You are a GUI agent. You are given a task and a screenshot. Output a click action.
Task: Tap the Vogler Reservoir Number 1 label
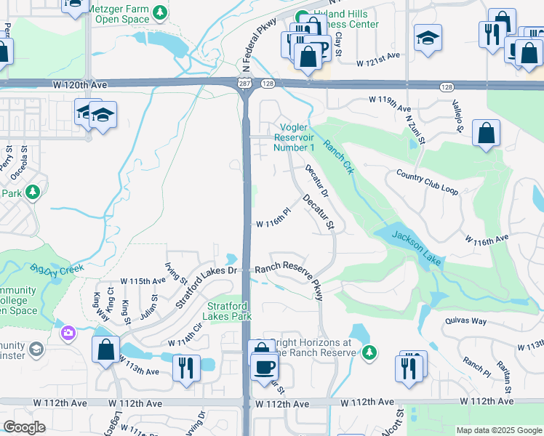[x=294, y=137]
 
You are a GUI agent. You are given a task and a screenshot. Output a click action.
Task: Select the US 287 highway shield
[x=244, y=85]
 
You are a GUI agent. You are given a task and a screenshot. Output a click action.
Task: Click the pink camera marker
[x=68, y=333]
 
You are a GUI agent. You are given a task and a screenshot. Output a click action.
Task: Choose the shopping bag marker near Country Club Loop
[x=485, y=134]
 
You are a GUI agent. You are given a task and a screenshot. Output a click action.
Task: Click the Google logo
[x=24, y=427]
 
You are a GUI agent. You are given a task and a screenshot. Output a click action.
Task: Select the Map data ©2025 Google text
[x=499, y=430]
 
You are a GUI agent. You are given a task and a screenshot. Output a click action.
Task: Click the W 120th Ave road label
[x=80, y=85]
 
